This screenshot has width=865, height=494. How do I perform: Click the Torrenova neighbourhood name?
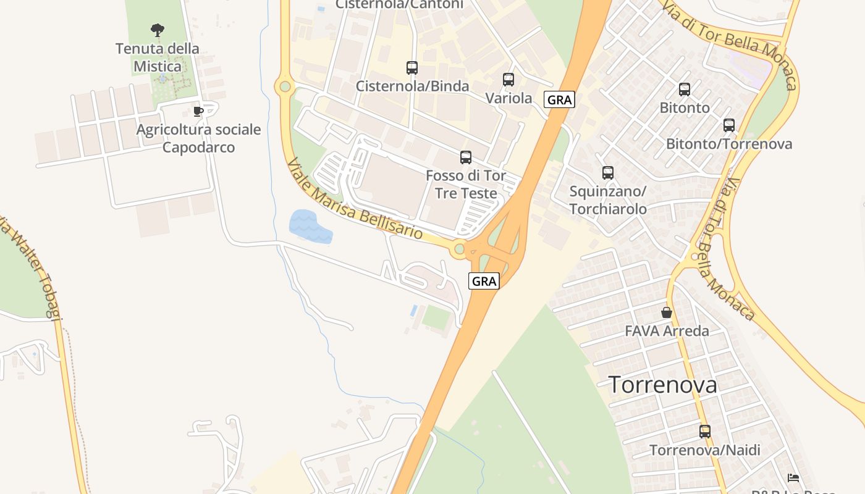[663, 385]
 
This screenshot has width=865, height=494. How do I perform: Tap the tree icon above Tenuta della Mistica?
[158, 30]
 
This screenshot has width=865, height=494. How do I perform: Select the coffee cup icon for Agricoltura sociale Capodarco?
[198, 111]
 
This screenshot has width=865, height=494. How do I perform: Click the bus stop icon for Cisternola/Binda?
[412, 68]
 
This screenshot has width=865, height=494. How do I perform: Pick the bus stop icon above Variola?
[508, 80]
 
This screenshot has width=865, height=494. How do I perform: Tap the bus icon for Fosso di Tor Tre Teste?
[466, 157]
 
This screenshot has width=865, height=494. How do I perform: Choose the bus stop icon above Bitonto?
[685, 90]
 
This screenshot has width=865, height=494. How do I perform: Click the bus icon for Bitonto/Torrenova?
[729, 125]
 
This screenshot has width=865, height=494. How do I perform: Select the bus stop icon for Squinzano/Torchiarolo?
[608, 173]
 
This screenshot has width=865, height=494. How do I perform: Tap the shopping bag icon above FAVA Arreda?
[667, 312]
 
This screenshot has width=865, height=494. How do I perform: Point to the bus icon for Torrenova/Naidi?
[705, 432]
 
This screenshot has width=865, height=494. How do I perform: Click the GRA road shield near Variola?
[559, 99]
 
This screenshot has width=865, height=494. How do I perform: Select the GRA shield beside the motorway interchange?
[484, 282]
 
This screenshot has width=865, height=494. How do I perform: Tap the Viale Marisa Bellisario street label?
[355, 199]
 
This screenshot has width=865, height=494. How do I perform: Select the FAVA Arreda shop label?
[667, 331]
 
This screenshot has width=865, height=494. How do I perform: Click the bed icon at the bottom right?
[793, 477]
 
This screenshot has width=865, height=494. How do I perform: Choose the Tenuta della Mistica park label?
[158, 57]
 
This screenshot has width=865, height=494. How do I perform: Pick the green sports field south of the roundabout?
[437, 317]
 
